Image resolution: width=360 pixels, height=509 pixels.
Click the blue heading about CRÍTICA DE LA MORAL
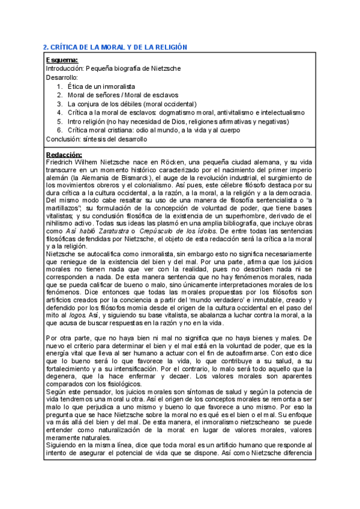(x=116, y=47)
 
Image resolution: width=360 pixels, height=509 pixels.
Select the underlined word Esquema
(x=62, y=60)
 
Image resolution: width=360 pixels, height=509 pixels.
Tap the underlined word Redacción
(x=64, y=155)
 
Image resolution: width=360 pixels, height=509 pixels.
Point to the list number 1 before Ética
(x=60, y=86)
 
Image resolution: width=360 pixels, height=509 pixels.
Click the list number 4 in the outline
(x=60, y=112)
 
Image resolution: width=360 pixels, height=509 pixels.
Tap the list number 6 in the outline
(x=60, y=130)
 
